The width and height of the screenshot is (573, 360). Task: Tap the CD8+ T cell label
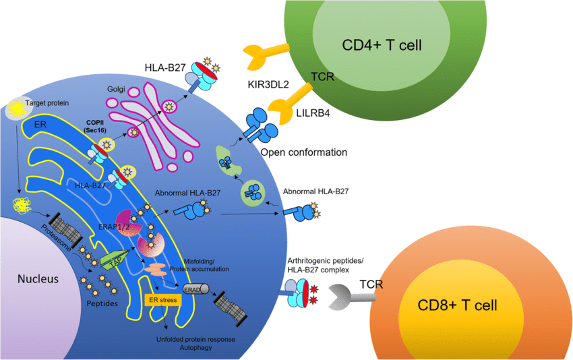tap(458, 305)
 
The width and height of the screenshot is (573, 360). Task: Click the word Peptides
tap(104, 303)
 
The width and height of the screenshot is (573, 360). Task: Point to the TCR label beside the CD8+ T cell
tap(372, 284)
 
